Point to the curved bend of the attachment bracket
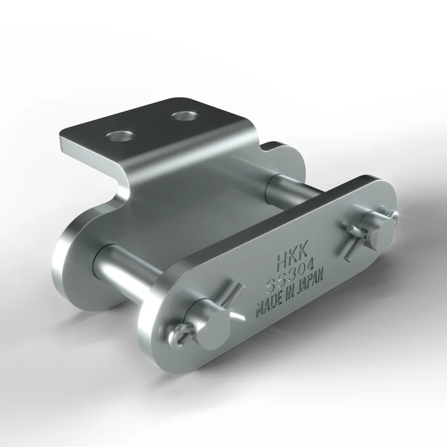[x=123, y=181]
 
